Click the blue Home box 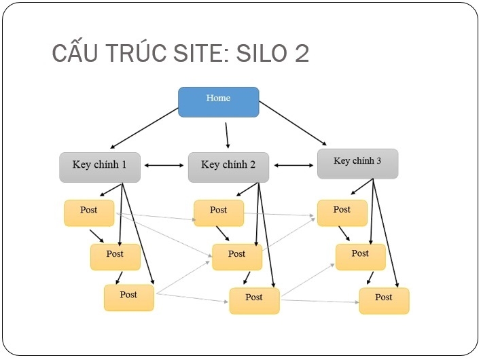(x=218, y=102)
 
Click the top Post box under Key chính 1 (x=89, y=213)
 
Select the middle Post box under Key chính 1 (x=115, y=256)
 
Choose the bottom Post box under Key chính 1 (x=128, y=298)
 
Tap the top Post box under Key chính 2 (x=218, y=213)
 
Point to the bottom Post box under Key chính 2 (x=254, y=300)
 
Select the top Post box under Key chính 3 (x=342, y=213)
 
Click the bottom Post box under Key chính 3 (x=384, y=300)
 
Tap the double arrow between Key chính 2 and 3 (x=293, y=164)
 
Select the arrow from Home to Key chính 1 (x=144, y=128)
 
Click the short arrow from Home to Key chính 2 (x=228, y=135)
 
